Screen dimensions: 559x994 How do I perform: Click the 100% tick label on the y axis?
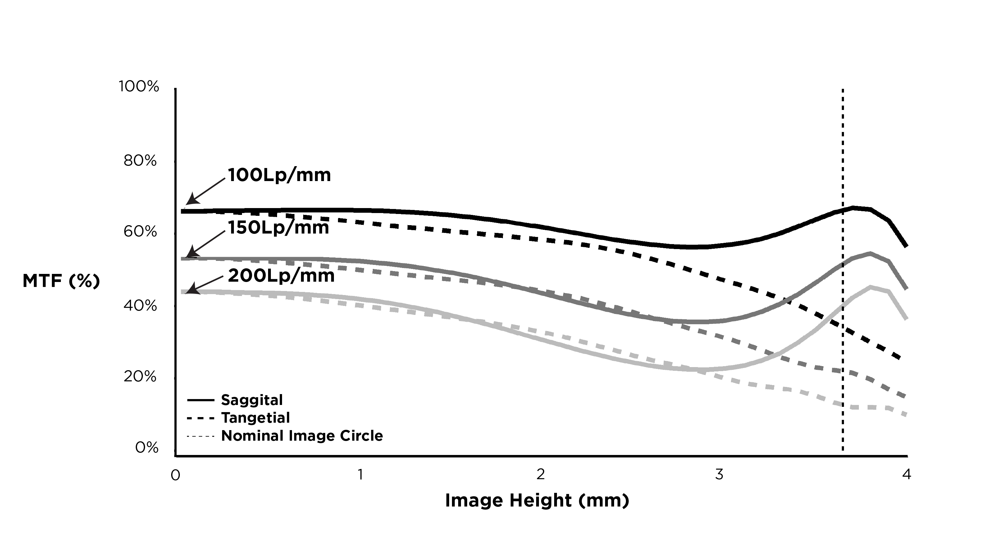tap(139, 86)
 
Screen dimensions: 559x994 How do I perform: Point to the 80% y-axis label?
tap(140, 161)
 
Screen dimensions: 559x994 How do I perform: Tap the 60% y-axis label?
tap(140, 232)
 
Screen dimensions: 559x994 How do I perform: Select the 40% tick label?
tap(140, 306)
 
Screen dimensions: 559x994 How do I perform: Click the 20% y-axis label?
tap(140, 376)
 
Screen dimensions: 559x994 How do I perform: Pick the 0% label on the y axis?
tap(147, 448)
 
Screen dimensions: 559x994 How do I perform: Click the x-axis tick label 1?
tap(360, 475)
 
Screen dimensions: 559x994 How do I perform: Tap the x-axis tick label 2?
tap(540, 475)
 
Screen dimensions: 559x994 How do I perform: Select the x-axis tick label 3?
tap(719, 475)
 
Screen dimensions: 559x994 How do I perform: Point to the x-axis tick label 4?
tap(906, 475)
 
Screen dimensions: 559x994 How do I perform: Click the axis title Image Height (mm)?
tap(537, 500)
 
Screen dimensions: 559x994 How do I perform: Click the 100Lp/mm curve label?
tap(279, 175)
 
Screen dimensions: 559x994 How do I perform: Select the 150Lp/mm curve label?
tap(278, 228)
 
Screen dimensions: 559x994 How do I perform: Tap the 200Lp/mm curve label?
tap(281, 276)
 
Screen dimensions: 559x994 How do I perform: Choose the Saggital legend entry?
tap(252, 400)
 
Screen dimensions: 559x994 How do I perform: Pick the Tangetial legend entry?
tap(255, 418)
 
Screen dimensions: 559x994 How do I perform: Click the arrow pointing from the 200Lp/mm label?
tap(204, 284)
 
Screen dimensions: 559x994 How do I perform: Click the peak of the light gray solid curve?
tap(870, 287)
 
